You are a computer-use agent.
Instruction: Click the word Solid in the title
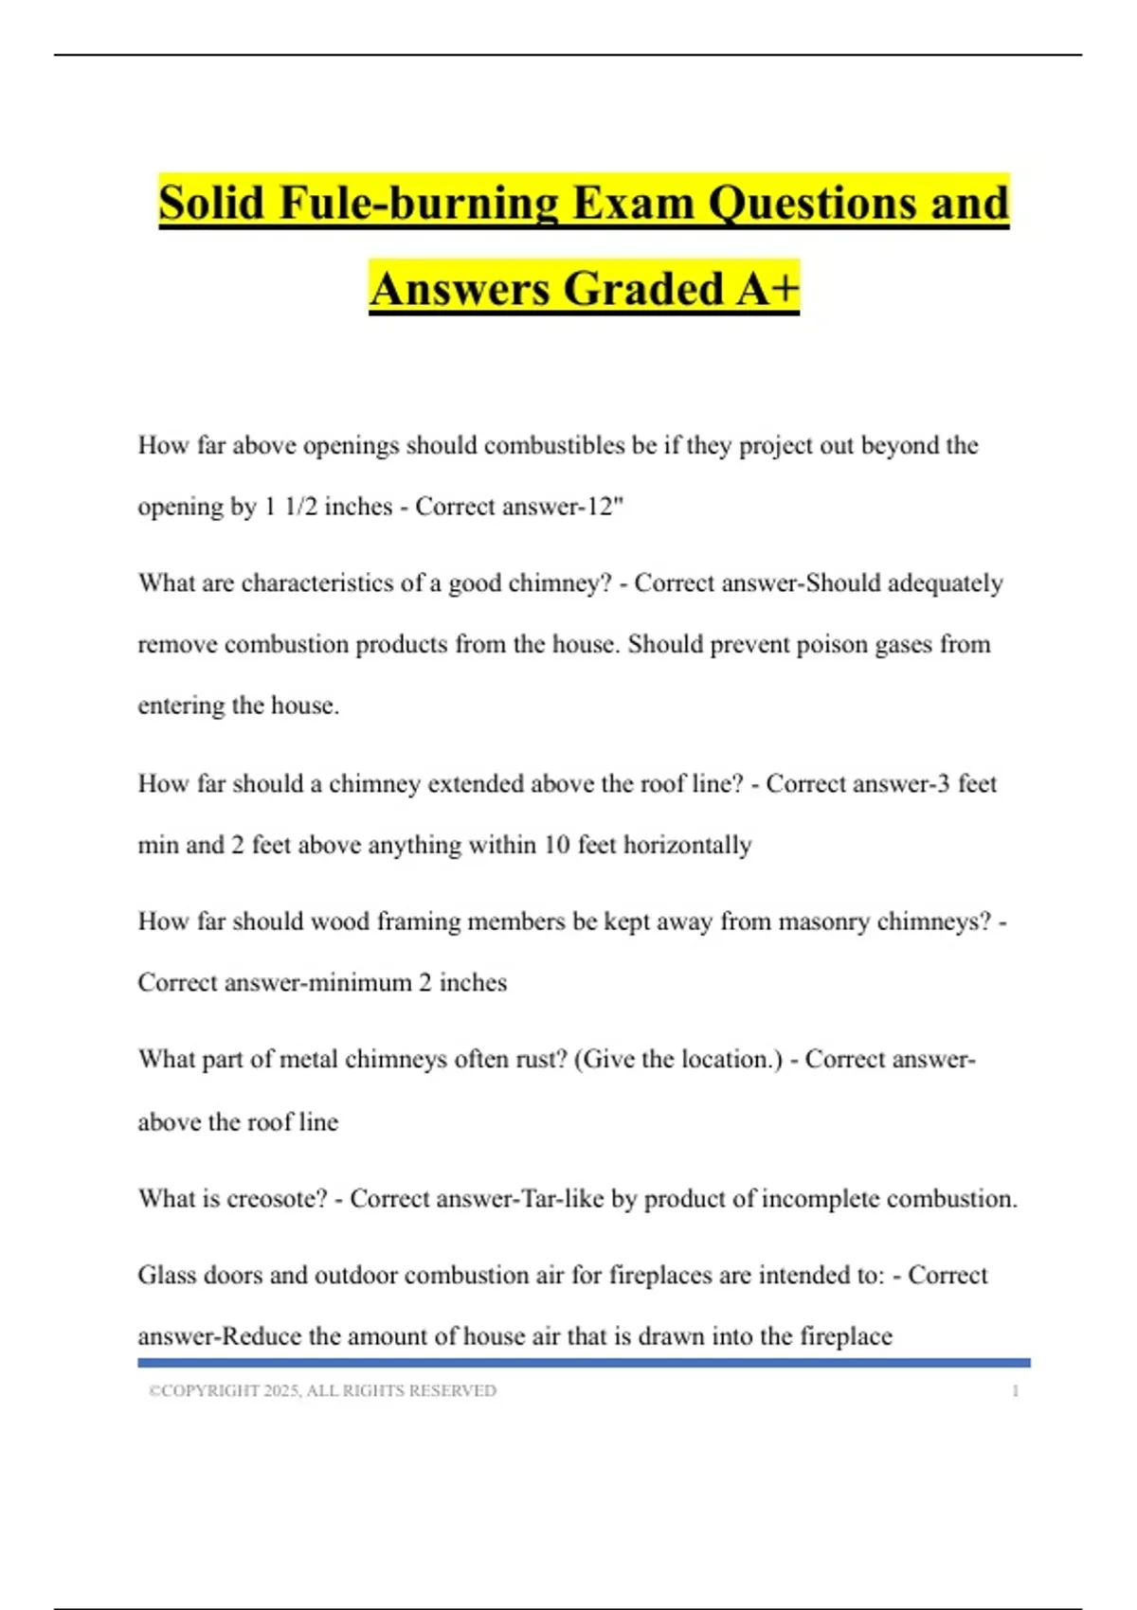coord(211,203)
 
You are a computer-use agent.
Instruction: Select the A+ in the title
coord(767,288)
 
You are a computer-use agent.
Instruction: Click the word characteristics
coord(316,582)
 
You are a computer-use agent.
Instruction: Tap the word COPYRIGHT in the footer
coord(210,1391)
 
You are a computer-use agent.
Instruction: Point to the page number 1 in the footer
coord(1016,1391)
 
